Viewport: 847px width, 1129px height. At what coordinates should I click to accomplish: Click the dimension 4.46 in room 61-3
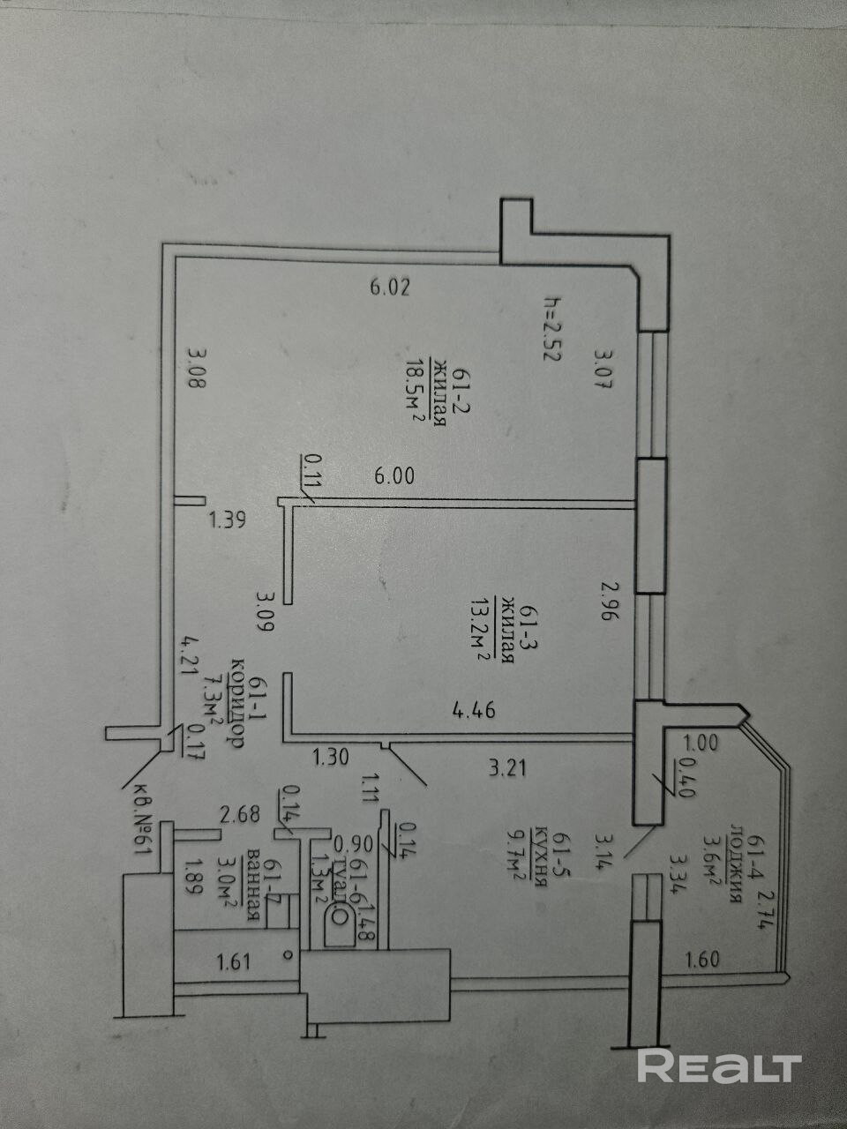473,709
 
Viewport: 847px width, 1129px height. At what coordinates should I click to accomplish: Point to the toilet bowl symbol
336,926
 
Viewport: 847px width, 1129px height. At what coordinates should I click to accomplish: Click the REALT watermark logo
719,1066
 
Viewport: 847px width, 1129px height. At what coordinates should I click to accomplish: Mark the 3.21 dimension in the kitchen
508,768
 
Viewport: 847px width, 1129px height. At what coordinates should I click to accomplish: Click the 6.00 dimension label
394,475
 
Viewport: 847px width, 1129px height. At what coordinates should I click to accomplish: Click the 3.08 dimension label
198,372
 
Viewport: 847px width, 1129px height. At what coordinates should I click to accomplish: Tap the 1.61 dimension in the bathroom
236,960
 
